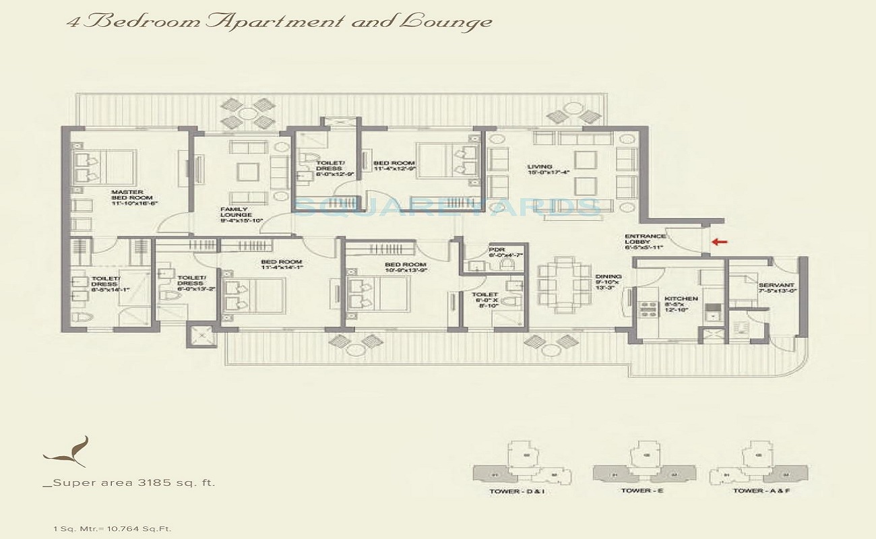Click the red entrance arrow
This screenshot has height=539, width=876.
pos(719,242)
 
